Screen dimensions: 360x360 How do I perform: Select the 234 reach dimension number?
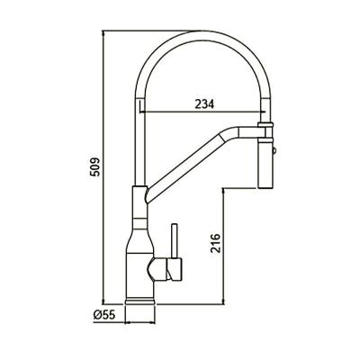(x=203, y=103)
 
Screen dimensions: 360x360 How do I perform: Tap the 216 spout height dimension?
(x=215, y=246)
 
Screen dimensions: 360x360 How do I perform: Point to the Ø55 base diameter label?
(x=101, y=315)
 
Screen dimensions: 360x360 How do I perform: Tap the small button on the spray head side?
(x=274, y=144)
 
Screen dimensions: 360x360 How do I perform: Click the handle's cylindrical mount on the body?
(x=168, y=267)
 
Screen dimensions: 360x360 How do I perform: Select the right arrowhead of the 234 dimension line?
(x=262, y=114)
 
